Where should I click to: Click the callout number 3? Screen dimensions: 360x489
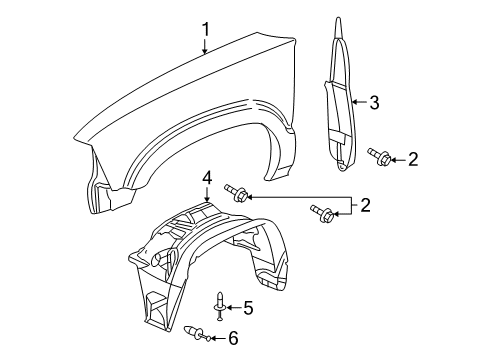(373, 101)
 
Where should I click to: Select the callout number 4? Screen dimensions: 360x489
(207, 178)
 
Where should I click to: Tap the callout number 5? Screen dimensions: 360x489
(249, 307)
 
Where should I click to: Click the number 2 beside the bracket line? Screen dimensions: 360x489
(366, 205)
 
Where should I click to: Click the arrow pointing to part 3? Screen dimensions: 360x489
(358, 101)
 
